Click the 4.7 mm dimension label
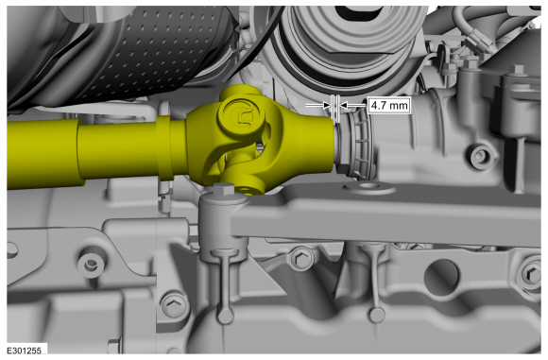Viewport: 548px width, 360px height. click(x=389, y=105)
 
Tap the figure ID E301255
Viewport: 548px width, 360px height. click(x=25, y=351)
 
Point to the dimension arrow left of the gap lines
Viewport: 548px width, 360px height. click(x=318, y=105)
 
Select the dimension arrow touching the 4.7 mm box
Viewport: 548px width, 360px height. click(x=353, y=105)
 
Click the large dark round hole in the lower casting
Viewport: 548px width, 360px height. click(x=441, y=276)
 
